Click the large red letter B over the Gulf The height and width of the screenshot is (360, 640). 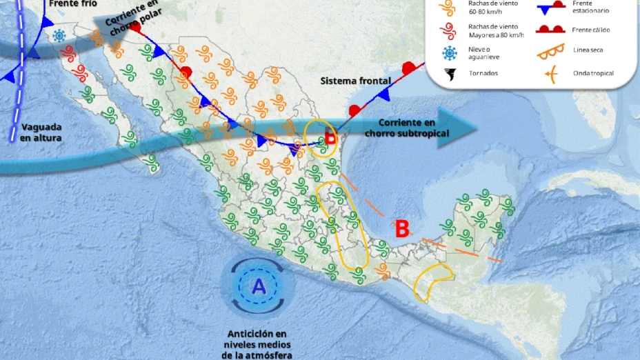click(x=401, y=228)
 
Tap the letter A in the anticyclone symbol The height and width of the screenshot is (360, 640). click(x=259, y=286)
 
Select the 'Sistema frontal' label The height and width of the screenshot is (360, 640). click(x=356, y=81)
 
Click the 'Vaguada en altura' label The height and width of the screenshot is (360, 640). click(x=41, y=132)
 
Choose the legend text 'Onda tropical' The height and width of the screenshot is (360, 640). click(x=593, y=73)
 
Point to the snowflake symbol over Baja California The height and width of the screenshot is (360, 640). click(x=60, y=35)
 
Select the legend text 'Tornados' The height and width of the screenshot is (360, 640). click(x=483, y=73)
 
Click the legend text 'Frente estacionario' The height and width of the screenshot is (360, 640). click(x=591, y=7)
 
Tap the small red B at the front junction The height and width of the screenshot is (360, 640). click(x=330, y=138)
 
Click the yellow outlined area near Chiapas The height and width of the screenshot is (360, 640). click(x=432, y=282)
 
